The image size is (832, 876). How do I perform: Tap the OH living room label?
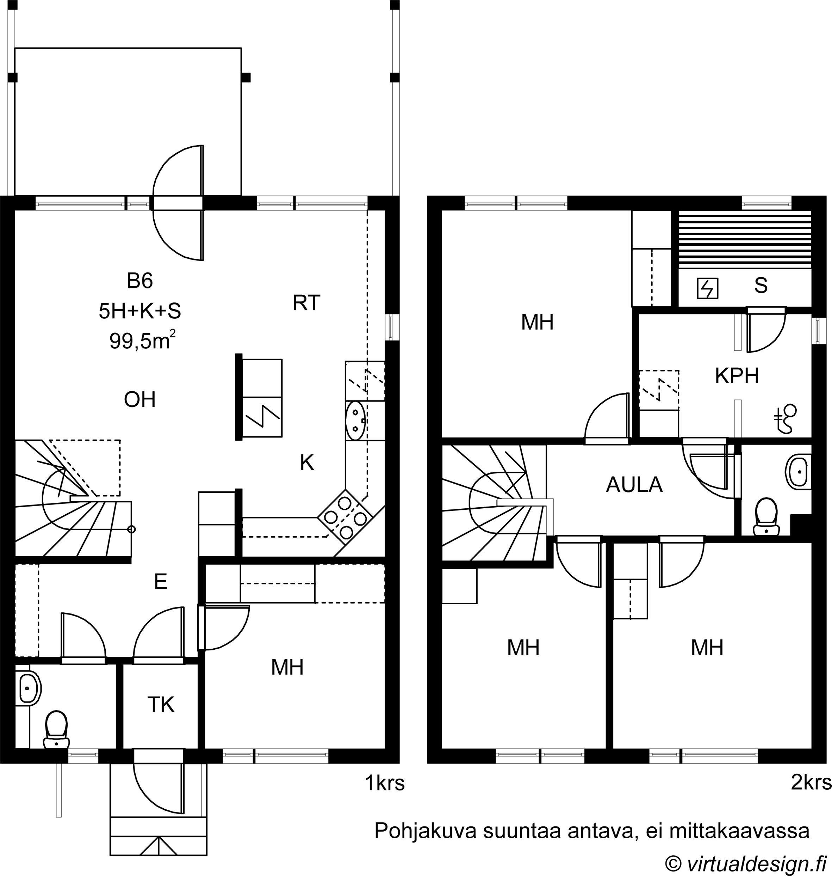(x=140, y=400)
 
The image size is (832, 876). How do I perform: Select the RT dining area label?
(x=306, y=303)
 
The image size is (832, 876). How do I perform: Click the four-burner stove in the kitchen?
(x=346, y=517)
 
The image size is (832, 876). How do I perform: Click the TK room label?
(x=161, y=704)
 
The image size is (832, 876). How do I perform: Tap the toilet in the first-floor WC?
(x=56, y=730)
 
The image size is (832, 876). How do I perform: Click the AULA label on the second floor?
(x=634, y=485)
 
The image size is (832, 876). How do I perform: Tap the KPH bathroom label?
(x=737, y=376)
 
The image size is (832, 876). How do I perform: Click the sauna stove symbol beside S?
(x=707, y=288)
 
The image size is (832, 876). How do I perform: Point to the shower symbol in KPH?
(x=785, y=418)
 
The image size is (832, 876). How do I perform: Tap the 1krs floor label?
(x=385, y=784)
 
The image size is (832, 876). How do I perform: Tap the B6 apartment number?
(x=140, y=281)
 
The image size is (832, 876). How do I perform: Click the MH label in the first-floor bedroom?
(x=287, y=667)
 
